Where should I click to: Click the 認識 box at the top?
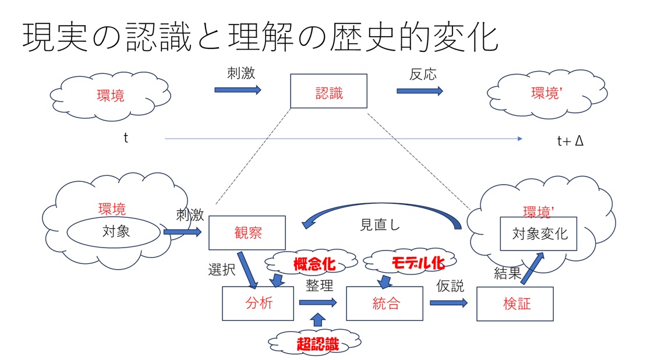tap(328, 91)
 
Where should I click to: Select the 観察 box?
tap(247, 233)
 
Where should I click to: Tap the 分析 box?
tap(258, 303)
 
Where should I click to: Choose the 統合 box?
tap(384, 303)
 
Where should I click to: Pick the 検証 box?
tap(515, 303)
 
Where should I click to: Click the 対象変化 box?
tap(539, 234)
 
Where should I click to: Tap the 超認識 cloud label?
tap(317, 344)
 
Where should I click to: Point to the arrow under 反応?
tap(419, 91)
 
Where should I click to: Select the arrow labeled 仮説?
tap(448, 303)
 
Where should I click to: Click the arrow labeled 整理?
tap(318, 302)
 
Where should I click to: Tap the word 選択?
tap(222, 270)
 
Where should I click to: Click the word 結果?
tap(507, 273)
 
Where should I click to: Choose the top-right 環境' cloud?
tap(545, 93)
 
